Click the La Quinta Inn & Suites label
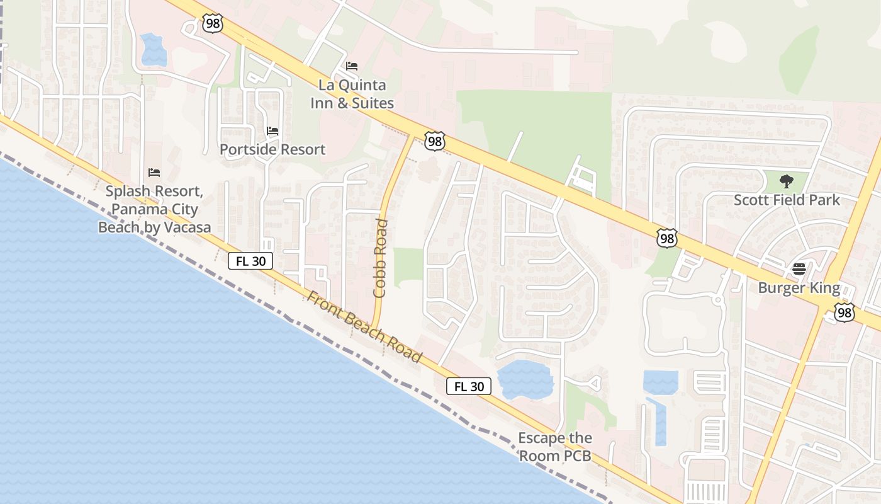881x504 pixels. (x=352, y=94)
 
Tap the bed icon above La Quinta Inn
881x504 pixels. (x=352, y=66)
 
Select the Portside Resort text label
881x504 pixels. (x=272, y=149)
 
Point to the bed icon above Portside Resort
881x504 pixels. (x=272, y=131)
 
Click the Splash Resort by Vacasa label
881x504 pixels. (x=154, y=209)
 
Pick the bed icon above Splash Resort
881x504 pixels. (x=154, y=172)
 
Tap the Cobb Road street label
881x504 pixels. (x=381, y=258)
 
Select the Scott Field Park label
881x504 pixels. (x=787, y=200)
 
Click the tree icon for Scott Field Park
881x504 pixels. (x=787, y=181)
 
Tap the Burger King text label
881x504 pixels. (x=799, y=288)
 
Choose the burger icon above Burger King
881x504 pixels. (x=799, y=269)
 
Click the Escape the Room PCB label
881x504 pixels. (x=555, y=447)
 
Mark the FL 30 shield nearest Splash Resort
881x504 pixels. (x=250, y=261)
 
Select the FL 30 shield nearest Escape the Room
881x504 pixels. (x=469, y=386)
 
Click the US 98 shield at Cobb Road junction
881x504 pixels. (x=434, y=141)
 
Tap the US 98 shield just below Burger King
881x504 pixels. (x=845, y=312)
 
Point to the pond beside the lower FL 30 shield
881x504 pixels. (x=525, y=379)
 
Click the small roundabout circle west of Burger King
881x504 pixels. (x=717, y=300)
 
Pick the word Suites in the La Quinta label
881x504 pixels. (x=374, y=103)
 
